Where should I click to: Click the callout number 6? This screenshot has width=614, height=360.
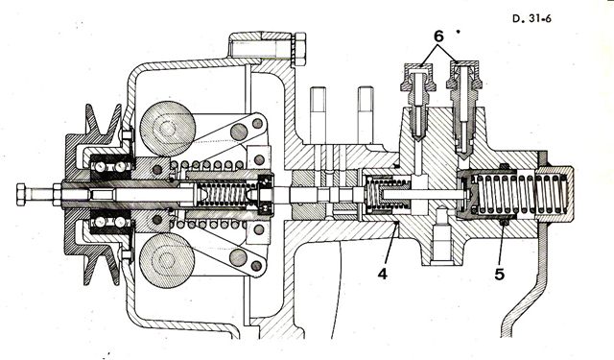click(x=438, y=36)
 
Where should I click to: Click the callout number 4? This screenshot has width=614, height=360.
click(x=383, y=274)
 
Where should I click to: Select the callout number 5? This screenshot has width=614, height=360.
click(x=499, y=275)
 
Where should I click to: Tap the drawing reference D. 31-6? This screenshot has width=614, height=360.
click(x=531, y=18)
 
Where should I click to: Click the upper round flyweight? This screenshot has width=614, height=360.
click(x=168, y=129)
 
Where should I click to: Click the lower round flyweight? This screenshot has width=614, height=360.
click(x=167, y=260)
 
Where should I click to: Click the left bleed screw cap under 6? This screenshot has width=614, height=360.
click(x=418, y=76)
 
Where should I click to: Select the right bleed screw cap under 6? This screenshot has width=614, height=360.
click(x=463, y=75)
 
